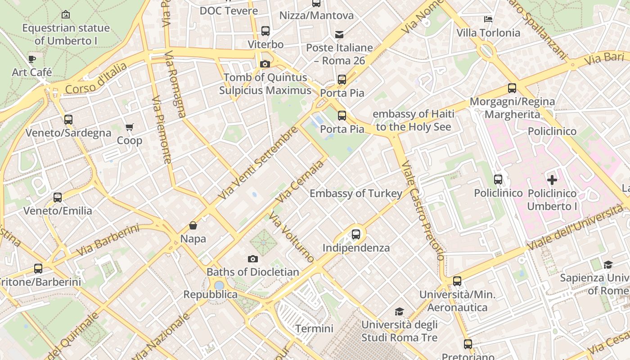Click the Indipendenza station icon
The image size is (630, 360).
[x=356, y=234]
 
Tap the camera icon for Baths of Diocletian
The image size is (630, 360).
[x=253, y=259]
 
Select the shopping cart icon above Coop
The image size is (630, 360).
[x=130, y=127]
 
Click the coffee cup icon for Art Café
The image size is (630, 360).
[x=31, y=59]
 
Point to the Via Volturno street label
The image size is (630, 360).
[x=292, y=237]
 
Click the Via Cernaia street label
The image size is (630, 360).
[x=300, y=181]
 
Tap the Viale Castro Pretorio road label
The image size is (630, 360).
[x=422, y=210]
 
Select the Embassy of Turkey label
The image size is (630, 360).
[x=355, y=193]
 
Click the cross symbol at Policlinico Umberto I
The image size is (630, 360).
[x=552, y=180]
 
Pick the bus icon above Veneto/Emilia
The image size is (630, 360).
[x=58, y=197]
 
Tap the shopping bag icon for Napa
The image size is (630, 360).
[x=193, y=225]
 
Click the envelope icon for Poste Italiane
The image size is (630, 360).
[x=339, y=35]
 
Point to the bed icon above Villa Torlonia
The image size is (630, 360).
[x=488, y=19]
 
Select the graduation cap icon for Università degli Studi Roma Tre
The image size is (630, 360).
[x=399, y=311]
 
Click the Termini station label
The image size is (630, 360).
[x=314, y=328]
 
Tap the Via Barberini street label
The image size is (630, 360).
[x=108, y=240]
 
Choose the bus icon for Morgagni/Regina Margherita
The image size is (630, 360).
[x=512, y=88]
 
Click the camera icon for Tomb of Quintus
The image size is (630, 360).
[x=265, y=64]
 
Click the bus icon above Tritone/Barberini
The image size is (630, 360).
[x=38, y=269]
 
